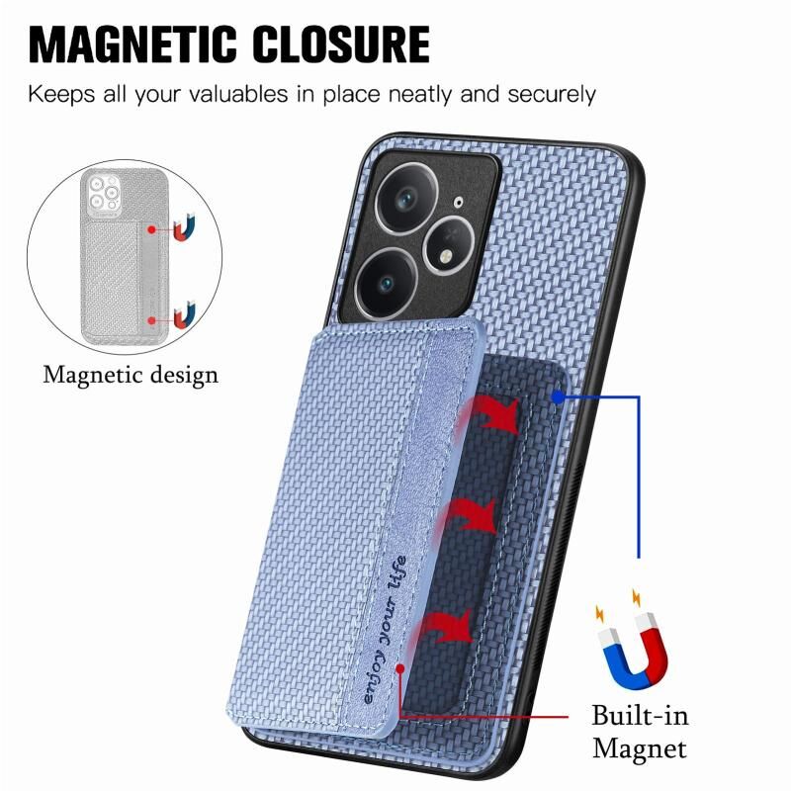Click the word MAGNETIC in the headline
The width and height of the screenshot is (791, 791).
pyautogui.click(x=132, y=44)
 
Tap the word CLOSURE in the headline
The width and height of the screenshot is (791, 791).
pyautogui.click(x=341, y=44)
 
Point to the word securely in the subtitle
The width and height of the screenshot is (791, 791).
pyautogui.click(x=552, y=95)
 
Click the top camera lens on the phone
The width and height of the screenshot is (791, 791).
pyautogui.click(x=406, y=197)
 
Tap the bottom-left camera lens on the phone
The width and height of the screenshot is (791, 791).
pyautogui.click(x=386, y=284)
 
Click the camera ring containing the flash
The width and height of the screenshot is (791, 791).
pyautogui.click(x=449, y=245)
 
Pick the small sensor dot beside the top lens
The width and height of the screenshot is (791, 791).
pyautogui.click(x=458, y=203)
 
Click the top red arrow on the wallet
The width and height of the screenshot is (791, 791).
pyautogui.click(x=488, y=413)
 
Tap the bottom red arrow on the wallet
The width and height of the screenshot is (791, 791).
pyautogui.click(x=444, y=628)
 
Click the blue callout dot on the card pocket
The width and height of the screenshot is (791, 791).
pyautogui.click(x=558, y=397)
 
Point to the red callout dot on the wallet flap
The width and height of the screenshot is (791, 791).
pyautogui.click(x=400, y=669)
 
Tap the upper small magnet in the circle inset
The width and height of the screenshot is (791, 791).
pyautogui.click(x=184, y=228)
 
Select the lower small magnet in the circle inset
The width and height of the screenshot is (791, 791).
pyautogui.click(x=184, y=314)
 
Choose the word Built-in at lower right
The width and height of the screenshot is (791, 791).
pyautogui.click(x=640, y=716)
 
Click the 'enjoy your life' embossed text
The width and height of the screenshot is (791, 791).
pyautogui.click(x=385, y=630)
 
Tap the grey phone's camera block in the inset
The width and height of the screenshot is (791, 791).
pyautogui.click(x=105, y=193)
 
